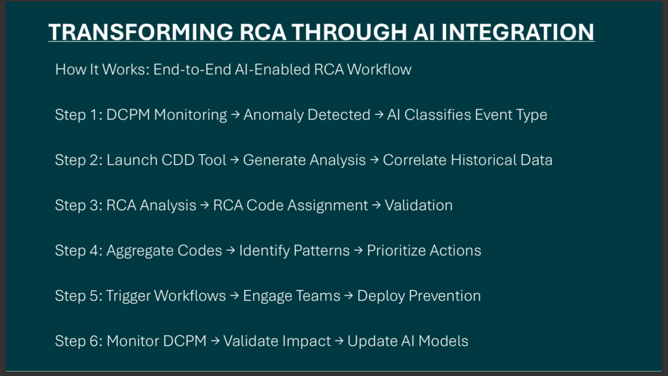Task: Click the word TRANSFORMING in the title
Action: [x=141, y=32]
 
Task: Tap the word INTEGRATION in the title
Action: [x=517, y=32]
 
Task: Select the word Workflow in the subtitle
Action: [x=379, y=69]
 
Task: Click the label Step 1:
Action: [x=79, y=115]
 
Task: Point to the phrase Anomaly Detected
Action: [x=307, y=115]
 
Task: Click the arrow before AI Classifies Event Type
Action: [x=379, y=115]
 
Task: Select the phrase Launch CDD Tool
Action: [x=166, y=160]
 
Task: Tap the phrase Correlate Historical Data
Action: [x=467, y=160]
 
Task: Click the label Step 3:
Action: [x=79, y=205]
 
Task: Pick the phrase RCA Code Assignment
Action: [x=290, y=205]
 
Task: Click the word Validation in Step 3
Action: [x=419, y=205]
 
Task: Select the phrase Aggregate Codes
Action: [x=164, y=251]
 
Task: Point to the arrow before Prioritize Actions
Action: [x=358, y=250]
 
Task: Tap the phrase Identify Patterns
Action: [x=294, y=251]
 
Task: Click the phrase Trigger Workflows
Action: [x=166, y=296]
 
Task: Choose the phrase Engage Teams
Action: [x=292, y=296]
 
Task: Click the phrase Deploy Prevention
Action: [x=419, y=296]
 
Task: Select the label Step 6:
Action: [x=79, y=341]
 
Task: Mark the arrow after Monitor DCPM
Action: [x=215, y=341]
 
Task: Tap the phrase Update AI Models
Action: [x=408, y=341]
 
